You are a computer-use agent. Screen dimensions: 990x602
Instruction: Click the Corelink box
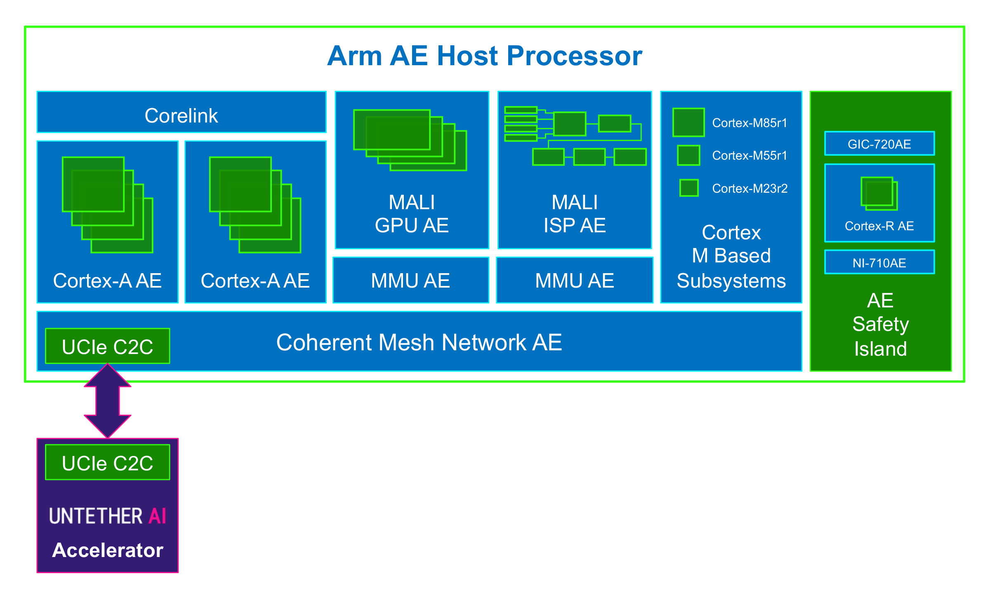pyautogui.click(x=181, y=112)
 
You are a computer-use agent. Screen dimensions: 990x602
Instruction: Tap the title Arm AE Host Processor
pyautogui.click(x=485, y=56)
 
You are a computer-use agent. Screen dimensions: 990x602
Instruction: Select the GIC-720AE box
pyautogui.click(x=879, y=144)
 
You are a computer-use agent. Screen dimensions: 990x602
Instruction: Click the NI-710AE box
pyautogui.click(x=879, y=262)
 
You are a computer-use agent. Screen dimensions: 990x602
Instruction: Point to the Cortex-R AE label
pyautogui.click(x=879, y=226)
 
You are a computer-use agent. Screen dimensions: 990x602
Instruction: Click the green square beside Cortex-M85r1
pyautogui.click(x=688, y=122)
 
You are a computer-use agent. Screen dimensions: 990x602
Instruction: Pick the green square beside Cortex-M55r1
pyautogui.click(x=688, y=155)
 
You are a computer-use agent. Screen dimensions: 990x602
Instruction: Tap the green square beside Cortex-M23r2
pyautogui.click(x=689, y=188)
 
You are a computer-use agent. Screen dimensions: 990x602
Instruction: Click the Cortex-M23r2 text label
pyautogui.click(x=750, y=189)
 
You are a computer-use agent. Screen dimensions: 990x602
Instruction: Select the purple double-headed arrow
pyautogui.click(x=108, y=401)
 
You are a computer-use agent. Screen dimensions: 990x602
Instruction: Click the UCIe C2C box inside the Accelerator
pyautogui.click(x=108, y=462)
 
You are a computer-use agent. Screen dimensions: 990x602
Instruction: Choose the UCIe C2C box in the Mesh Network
pyautogui.click(x=108, y=346)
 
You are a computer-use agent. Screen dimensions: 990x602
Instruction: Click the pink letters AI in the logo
pyautogui.click(x=158, y=516)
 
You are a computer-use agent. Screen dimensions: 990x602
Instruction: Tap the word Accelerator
pyautogui.click(x=108, y=550)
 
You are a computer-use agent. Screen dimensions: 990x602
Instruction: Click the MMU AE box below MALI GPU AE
pyautogui.click(x=411, y=280)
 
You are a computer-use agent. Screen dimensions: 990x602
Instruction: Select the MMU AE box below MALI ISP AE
pyautogui.click(x=575, y=280)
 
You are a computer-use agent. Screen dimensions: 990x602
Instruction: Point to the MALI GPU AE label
pyautogui.click(x=412, y=214)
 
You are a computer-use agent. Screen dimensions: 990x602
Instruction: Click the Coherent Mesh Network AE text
pyautogui.click(x=419, y=342)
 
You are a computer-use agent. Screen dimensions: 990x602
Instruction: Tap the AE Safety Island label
pyautogui.click(x=881, y=325)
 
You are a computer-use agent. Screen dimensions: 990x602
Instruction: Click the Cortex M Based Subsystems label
pyautogui.click(x=731, y=257)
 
